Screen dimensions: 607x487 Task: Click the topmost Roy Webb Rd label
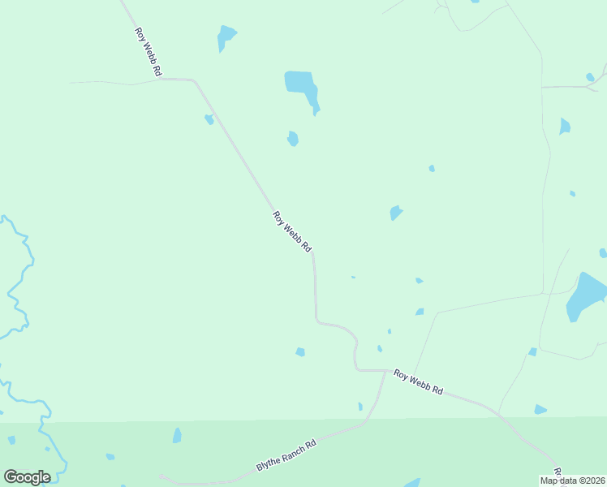click(x=147, y=53)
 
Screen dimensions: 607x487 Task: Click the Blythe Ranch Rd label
click(x=286, y=456)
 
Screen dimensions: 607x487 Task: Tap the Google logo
click(x=27, y=477)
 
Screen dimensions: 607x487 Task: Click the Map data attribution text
click(x=573, y=481)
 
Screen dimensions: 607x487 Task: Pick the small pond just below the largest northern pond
click(x=292, y=139)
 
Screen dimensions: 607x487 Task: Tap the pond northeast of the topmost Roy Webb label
click(x=225, y=37)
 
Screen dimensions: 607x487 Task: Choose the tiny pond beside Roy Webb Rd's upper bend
click(x=209, y=119)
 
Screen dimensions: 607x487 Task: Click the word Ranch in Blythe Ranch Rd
click(x=289, y=455)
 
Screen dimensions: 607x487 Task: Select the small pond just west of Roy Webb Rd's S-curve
click(x=300, y=351)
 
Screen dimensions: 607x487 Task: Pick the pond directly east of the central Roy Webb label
click(x=395, y=213)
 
